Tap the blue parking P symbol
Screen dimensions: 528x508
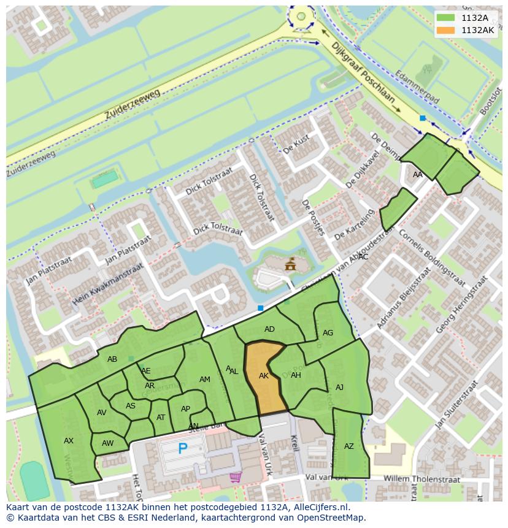pyautogui.click(x=182, y=449)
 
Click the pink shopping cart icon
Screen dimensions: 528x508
pyautogui.click(x=235, y=476)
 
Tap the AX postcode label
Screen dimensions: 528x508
pyautogui.click(x=69, y=440)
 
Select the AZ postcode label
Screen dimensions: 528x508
pyautogui.click(x=349, y=446)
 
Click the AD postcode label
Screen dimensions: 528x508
pyautogui.click(x=269, y=329)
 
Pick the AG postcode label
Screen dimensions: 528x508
pyautogui.click(x=328, y=333)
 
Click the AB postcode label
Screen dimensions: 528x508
pyautogui.click(x=112, y=359)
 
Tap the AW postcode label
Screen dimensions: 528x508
pyautogui.click(x=108, y=443)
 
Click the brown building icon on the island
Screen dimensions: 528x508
pyautogui.click(x=290, y=264)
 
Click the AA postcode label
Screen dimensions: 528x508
pyautogui.click(x=418, y=175)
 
